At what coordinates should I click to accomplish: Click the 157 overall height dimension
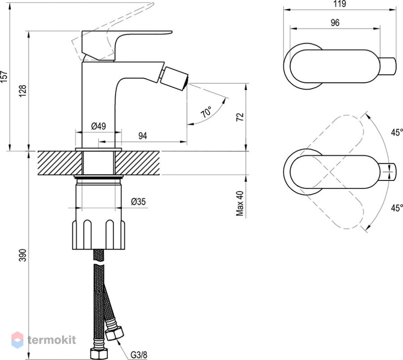pyautogui.click(x=4, y=76)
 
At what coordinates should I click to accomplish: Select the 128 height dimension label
pyautogui.click(x=23, y=91)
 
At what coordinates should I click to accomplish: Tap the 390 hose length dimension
pyautogui.click(x=23, y=255)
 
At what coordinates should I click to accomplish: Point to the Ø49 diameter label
pyautogui.click(x=99, y=126)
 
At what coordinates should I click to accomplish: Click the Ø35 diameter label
pyautogui.click(x=138, y=202)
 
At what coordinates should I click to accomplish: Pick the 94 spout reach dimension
pyautogui.click(x=143, y=135)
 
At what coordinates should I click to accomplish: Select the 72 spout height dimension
pyautogui.click(x=240, y=117)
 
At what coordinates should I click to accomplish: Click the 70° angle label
pyautogui.click(x=206, y=112)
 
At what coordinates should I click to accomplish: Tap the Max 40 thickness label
pyautogui.click(x=240, y=203)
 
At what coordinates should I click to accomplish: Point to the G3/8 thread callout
pyautogui.click(x=139, y=355)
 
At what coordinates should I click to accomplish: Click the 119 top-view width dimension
pyautogui.click(x=340, y=4)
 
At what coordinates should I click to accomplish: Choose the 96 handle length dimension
pyautogui.click(x=335, y=22)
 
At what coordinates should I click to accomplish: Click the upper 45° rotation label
pyautogui.click(x=397, y=132)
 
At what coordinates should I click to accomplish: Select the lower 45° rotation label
pyautogui.click(x=397, y=208)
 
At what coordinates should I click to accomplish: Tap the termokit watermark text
pyautogui.click(x=52, y=340)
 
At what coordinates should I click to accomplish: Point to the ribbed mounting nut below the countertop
pyautogui.click(x=99, y=234)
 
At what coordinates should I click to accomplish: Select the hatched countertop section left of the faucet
pyautogui.click(x=60, y=163)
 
